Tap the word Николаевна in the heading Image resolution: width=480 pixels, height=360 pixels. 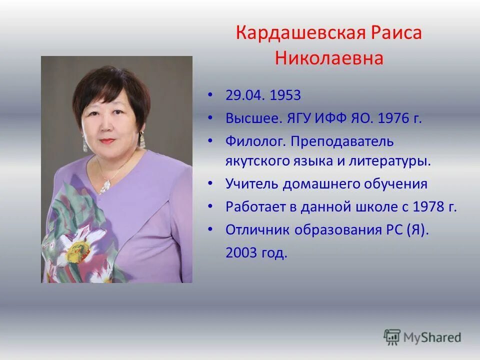329,58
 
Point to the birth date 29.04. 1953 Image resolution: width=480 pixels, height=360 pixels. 263,95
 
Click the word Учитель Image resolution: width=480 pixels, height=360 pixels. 252,184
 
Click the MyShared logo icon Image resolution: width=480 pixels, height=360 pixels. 392,337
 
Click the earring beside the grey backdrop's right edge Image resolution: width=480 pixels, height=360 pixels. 142,139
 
